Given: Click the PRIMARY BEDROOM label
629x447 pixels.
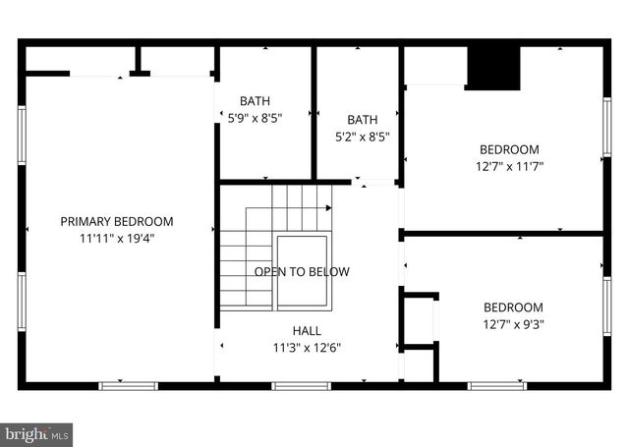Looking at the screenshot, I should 116,221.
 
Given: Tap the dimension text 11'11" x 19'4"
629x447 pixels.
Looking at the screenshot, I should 116,237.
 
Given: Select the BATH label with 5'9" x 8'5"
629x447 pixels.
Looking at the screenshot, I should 255,100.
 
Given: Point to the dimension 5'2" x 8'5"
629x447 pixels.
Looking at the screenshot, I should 363,138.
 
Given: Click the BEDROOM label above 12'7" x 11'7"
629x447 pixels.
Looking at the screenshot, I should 510,149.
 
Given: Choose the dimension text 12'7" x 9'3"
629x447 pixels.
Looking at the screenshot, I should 513,323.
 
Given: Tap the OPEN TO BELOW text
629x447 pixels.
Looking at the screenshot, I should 302,271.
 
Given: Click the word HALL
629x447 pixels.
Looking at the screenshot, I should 307,331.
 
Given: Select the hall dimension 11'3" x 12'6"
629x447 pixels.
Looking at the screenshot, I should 307,347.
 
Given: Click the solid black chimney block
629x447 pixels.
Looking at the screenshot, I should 492,67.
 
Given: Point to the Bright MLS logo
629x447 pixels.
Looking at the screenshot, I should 37,432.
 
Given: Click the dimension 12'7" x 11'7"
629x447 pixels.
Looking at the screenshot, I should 510,166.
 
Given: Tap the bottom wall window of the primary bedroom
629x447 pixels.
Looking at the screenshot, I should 129,385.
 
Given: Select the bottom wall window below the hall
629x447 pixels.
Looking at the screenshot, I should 299,385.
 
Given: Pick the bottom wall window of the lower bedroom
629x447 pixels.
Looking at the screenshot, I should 495,385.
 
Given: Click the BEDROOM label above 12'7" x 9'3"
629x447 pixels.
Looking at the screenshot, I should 513,307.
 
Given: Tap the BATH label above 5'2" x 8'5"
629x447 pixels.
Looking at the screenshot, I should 363,121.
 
